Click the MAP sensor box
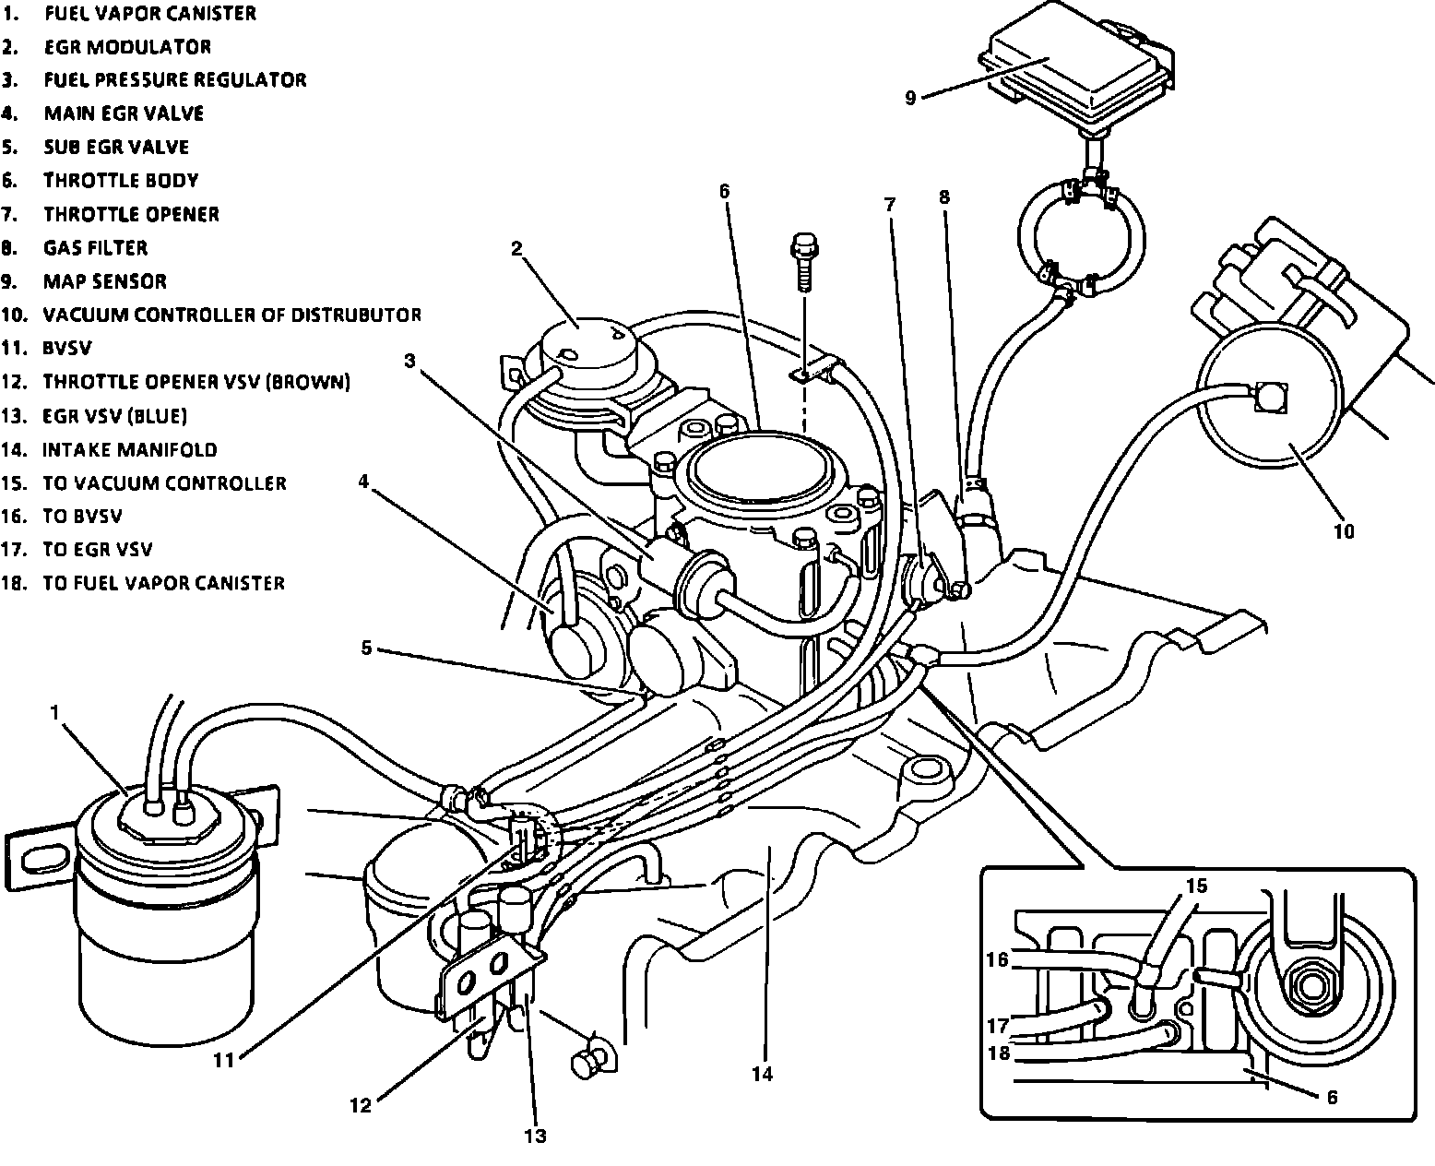(x=1075, y=71)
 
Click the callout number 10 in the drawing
(x=1344, y=531)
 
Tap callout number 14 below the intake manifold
(x=762, y=1075)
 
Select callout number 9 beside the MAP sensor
(x=910, y=99)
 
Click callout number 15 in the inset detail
(x=1196, y=885)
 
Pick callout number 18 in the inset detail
(x=999, y=1053)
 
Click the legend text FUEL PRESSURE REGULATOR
(x=175, y=79)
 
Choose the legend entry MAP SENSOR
(x=104, y=281)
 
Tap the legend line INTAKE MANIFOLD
(x=130, y=449)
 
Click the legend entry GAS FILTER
(x=95, y=247)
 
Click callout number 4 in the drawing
(x=363, y=482)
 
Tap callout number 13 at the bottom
(x=535, y=1136)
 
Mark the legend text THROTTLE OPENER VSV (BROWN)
(x=196, y=382)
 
